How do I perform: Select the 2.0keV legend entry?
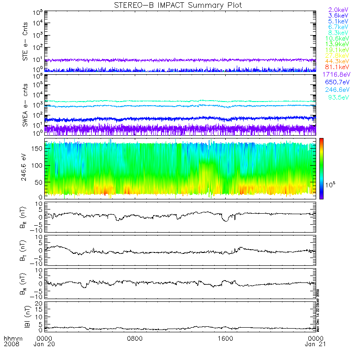coord(337,10)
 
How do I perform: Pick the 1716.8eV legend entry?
coord(335,74)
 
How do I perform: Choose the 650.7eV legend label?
coord(336,82)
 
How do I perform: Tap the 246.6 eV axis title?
coord(26,168)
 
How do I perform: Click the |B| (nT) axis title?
coord(26,316)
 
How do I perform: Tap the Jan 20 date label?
coord(44,345)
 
